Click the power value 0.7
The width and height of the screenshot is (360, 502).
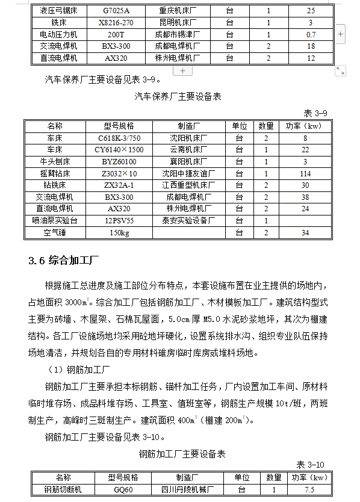point(311,35)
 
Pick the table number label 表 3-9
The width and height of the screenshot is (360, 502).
point(315,113)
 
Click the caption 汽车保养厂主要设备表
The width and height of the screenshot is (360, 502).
point(178,96)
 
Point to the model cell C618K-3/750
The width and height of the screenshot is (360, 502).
point(119,138)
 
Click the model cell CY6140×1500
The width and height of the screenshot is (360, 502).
point(119,150)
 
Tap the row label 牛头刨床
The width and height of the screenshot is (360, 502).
point(55,162)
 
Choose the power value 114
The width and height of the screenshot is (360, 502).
point(305,173)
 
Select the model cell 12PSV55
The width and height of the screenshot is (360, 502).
point(119,221)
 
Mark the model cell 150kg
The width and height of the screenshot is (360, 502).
point(119,233)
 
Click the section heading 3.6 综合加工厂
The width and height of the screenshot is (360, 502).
point(64,261)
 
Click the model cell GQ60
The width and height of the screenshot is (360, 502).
point(123,490)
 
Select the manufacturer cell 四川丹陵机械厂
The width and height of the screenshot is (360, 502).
point(184,490)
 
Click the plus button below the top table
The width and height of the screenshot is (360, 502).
point(182,70)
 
